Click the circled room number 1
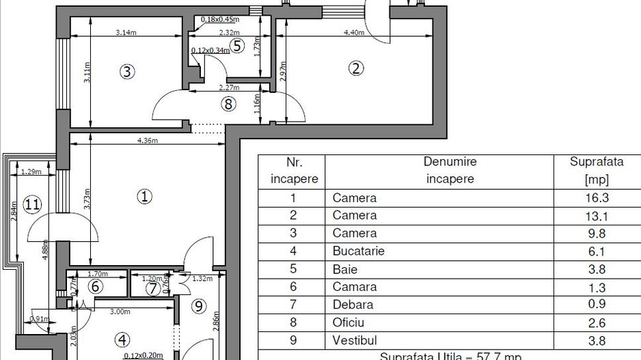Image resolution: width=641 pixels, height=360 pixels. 144,197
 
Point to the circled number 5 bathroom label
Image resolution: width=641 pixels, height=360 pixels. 236,46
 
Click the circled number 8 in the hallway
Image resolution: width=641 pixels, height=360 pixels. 228,104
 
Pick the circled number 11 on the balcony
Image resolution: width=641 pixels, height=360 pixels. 31,204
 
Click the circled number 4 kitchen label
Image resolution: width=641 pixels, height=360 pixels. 122,339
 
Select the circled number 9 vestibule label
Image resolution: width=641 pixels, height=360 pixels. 199,307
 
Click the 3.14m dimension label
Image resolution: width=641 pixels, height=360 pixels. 125,32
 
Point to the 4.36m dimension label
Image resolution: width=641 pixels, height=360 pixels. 147,141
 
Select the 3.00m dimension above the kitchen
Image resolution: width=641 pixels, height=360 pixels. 120,311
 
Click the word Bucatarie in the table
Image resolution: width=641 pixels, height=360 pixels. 358,251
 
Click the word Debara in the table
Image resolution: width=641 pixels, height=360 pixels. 353,304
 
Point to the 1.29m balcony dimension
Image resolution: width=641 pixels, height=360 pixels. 29,171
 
